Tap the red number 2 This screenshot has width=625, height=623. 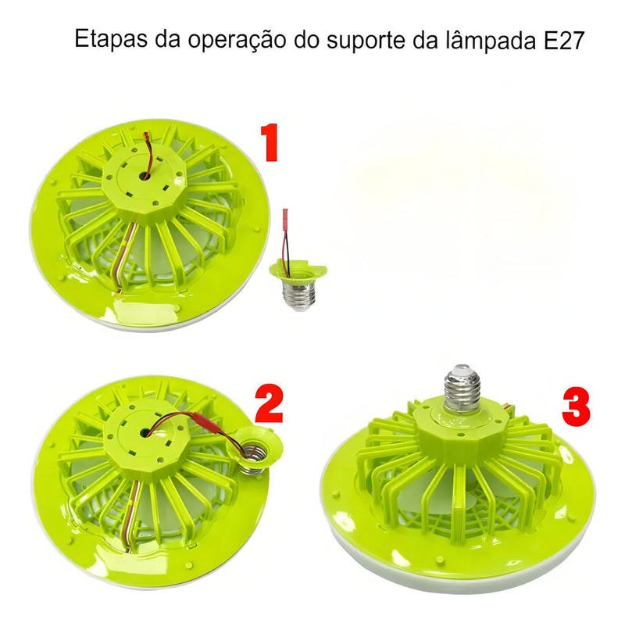pos(269,403)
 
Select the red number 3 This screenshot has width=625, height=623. pos(576,407)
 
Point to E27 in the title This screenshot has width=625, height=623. pos(564,40)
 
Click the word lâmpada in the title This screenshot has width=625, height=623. pos(491,38)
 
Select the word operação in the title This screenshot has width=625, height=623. pos(237,41)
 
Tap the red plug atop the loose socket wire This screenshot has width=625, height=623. pos(284,217)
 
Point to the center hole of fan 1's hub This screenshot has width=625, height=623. pos(143,175)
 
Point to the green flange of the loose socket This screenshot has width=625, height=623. pos(298,270)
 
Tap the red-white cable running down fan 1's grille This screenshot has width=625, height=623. pos(127,256)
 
